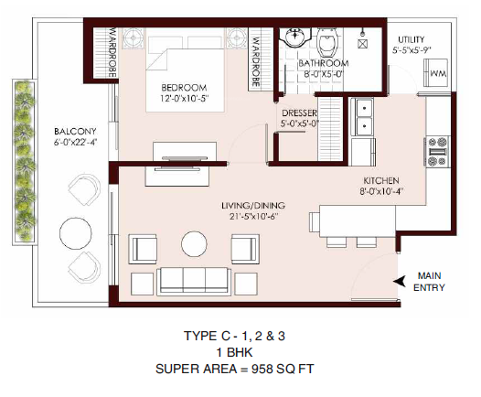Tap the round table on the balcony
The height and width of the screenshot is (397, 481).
click(x=73, y=228)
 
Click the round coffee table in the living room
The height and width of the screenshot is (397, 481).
click(x=194, y=244)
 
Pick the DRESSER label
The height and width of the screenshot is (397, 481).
click(x=299, y=113)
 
